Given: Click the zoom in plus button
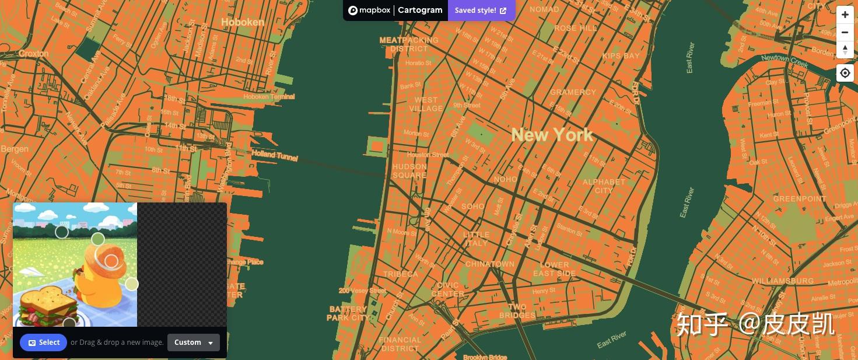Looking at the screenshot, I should click(845, 15).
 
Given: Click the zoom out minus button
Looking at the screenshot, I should click(845, 32).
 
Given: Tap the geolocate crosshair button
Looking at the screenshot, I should click(845, 73).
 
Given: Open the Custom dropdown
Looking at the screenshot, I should click(194, 342).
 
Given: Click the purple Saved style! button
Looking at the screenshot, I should click(481, 11).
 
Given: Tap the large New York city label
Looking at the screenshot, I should click(552, 135).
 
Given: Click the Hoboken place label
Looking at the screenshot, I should click(242, 22).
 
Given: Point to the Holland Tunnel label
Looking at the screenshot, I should click(274, 156).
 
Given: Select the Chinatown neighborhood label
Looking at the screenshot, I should click(490, 264).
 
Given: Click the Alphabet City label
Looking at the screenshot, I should click(604, 186).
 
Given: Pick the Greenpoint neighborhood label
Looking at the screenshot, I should click(800, 199).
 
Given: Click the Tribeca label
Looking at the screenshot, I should click(401, 274).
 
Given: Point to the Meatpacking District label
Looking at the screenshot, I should click(409, 44).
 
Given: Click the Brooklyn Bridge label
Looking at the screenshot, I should click(485, 356).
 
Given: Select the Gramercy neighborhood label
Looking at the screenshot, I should click(573, 92).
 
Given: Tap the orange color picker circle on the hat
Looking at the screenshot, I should click(111, 261).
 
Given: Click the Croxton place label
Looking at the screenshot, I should click(34, 54).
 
